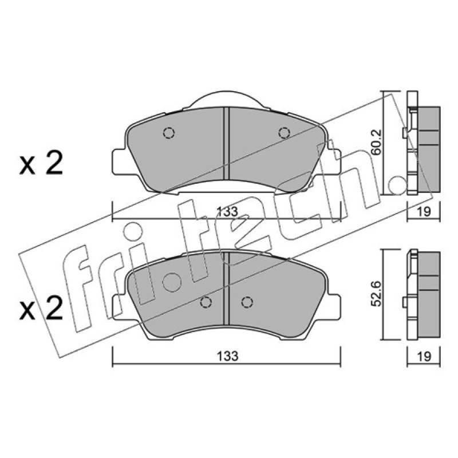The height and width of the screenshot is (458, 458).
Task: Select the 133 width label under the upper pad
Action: point(227,211)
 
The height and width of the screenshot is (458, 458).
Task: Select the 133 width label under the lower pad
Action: point(227,356)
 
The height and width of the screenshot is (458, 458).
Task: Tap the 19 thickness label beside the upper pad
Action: point(424,211)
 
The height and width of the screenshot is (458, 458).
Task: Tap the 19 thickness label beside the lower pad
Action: point(424,356)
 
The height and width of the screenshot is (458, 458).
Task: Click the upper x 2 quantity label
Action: point(41,163)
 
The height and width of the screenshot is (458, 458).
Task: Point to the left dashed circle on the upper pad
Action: point(168,133)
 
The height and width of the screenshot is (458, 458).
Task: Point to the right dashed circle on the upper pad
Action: point(284,133)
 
